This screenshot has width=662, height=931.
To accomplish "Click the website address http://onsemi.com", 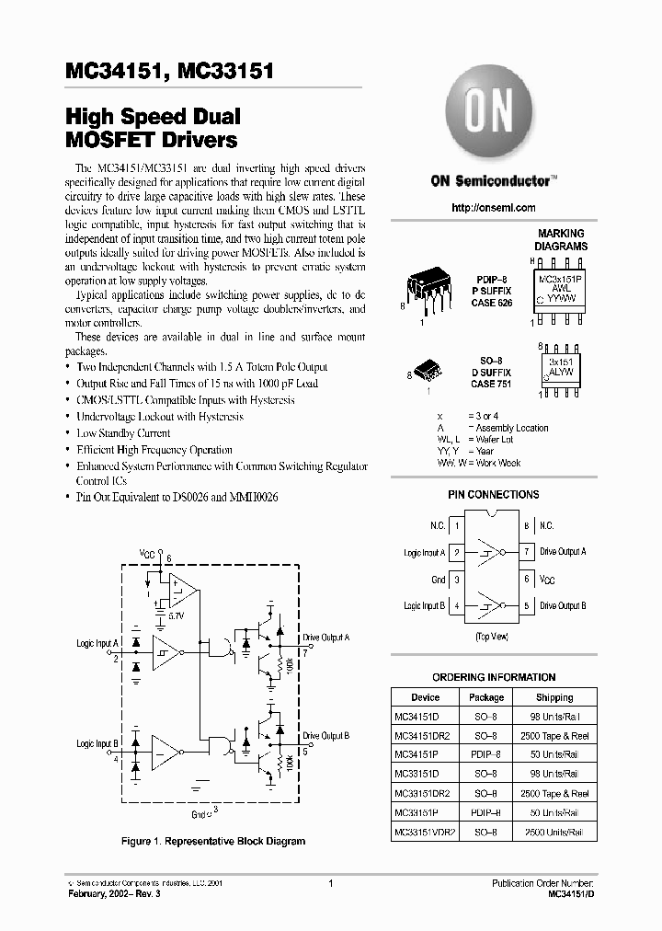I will point(493,208).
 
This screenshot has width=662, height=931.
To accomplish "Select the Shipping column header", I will point(554,697).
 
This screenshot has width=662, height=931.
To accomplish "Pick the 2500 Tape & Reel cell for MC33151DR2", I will point(554,793).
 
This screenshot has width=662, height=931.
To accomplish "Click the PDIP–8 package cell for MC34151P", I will point(486,754).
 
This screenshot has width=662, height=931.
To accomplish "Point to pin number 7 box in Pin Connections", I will point(527,552).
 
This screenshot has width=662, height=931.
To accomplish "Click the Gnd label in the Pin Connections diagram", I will point(438,580).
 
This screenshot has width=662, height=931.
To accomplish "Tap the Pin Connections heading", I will point(493,495).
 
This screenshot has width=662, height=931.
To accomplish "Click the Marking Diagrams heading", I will point(562,240).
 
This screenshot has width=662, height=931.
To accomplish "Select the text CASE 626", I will point(493,302).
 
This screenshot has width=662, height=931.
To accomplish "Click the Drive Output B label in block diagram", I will point(325,736).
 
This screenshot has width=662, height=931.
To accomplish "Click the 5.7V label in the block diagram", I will point(174,614).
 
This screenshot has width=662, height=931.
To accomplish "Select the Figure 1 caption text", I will point(212,841).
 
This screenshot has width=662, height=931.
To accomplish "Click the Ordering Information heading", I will point(494,677).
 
